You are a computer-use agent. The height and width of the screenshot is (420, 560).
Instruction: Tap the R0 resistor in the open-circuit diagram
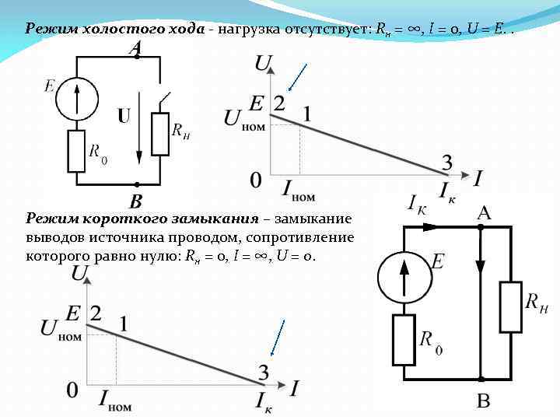(76, 151)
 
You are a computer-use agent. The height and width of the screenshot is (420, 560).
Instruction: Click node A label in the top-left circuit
(135, 48)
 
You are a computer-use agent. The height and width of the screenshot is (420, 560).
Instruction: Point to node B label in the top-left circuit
(135, 201)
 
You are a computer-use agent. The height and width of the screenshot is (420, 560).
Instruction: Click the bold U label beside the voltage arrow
(124, 117)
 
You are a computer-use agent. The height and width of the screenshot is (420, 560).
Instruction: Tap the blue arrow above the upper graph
(297, 76)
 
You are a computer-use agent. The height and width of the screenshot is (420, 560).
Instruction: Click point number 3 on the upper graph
(447, 163)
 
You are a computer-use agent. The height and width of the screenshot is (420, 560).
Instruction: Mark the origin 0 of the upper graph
(256, 180)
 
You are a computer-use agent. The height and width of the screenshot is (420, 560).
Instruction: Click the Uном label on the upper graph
(243, 119)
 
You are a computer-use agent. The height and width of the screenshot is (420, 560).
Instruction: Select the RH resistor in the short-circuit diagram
(511, 307)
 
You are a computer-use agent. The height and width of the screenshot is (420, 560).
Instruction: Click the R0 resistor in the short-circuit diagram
(403, 340)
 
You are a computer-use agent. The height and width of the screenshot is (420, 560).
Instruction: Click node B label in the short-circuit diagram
(484, 401)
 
